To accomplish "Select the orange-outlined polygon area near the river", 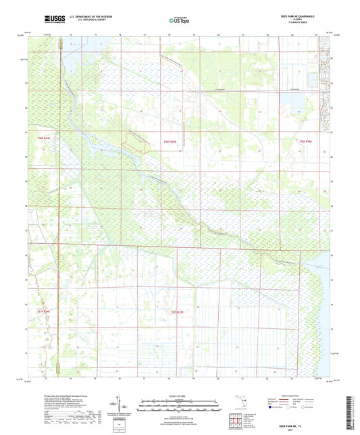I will (x=137, y=140).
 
